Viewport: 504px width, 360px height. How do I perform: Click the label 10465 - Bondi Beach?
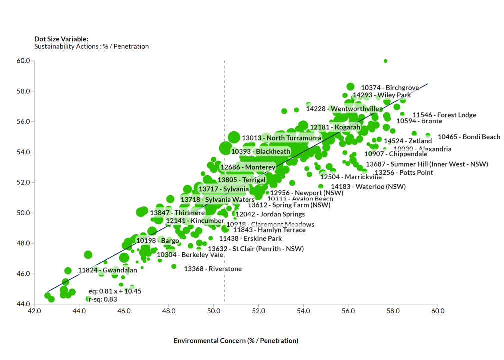pos(469,137)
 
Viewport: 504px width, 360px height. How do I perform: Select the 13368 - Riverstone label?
pos(213,269)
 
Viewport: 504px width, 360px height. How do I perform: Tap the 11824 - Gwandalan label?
pos(107,270)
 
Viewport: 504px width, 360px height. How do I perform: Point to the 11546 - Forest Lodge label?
pos(444,115)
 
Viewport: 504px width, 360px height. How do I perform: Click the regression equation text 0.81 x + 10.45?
pos(115,291)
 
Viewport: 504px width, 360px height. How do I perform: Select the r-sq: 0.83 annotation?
pos(103,299)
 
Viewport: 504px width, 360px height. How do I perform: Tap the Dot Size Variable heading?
pos(61,39)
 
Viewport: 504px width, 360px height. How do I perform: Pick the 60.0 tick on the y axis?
pos(24,61)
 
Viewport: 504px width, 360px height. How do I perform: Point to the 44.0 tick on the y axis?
pos(24,304)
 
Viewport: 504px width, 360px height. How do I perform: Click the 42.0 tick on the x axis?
pos(34,311)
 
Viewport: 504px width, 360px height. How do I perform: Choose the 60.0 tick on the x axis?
pos(438,311)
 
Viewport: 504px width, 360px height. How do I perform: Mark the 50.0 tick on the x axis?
pos(214,311)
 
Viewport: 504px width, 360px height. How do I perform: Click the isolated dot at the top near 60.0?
pos(385,61)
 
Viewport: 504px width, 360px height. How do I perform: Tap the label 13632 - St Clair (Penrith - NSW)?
pos(256,249)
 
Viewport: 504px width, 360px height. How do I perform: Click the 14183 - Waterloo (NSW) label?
pos(368,187)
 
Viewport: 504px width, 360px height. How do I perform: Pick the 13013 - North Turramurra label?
pos(281,138)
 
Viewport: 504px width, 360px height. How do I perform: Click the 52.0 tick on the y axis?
pos(24,182)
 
